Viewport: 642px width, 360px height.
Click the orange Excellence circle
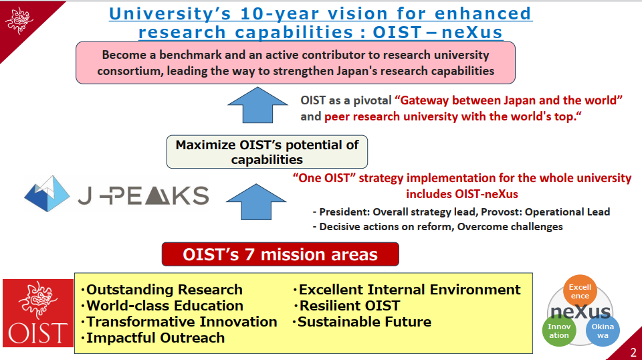580,291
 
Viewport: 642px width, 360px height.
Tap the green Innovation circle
559,331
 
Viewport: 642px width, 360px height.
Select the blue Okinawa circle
603,331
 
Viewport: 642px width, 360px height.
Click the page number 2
633,352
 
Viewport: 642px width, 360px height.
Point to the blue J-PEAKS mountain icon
47,194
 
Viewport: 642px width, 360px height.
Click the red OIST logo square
38,313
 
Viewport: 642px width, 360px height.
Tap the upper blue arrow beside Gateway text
257,105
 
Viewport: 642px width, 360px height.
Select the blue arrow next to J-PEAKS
256,201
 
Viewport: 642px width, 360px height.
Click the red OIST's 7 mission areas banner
280,254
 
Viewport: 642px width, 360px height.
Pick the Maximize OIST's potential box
267,152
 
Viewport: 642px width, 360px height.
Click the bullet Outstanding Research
162,290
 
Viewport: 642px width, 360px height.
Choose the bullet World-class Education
163,306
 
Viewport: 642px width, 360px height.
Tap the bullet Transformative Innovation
179,321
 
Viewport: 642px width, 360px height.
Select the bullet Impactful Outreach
153,338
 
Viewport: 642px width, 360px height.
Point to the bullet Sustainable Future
362,321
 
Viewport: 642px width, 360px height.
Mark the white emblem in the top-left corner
19,20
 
